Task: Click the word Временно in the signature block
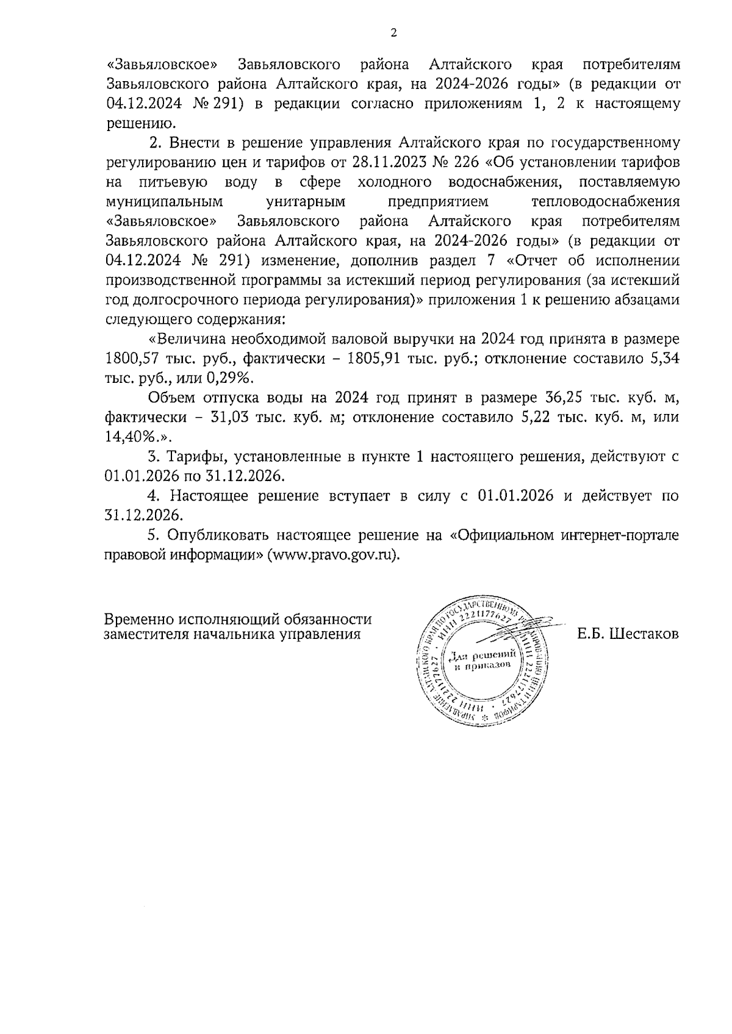138,619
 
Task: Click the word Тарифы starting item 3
197,457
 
